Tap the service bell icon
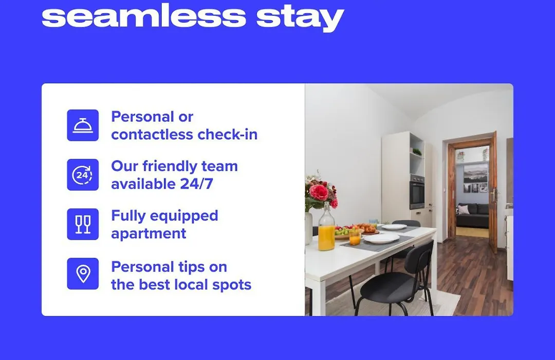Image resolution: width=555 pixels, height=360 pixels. coord(83,125)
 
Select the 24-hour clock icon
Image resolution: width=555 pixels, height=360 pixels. coord(83,175)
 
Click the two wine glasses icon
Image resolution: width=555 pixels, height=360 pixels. coord(83,224)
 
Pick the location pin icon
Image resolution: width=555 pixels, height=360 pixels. coord(83,274)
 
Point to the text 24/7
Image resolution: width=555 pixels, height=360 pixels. coord(196,184)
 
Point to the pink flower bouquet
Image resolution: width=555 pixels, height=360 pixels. coord(320,191)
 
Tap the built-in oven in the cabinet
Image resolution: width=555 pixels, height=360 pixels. coord(417,192)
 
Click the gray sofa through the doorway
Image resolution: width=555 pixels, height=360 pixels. coord(472,215)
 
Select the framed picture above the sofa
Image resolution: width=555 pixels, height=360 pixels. coord(476,178)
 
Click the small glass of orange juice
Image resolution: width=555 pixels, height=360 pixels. coord(355,238)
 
